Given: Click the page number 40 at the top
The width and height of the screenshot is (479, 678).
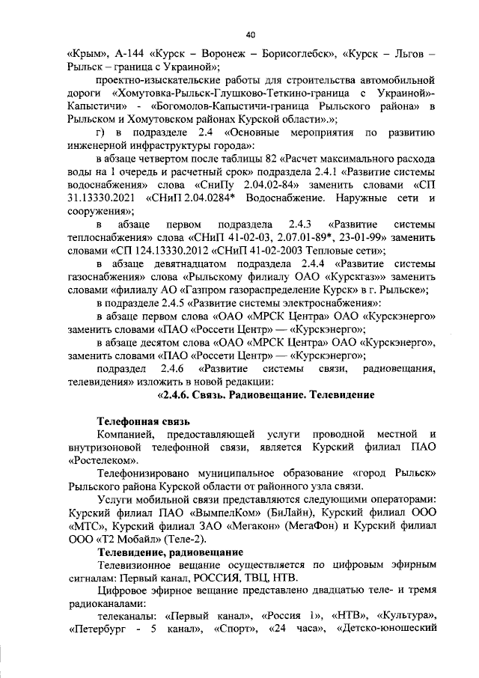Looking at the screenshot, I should pyautogui.click(x=250, y=33).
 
